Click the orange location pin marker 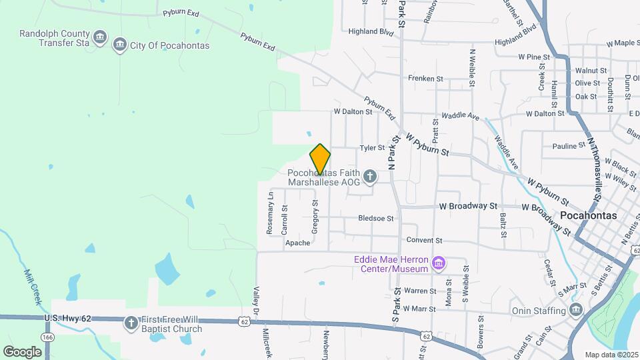(x=320, y=159)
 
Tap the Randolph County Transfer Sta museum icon (x=100, y=36)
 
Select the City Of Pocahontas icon (x=120, y=45)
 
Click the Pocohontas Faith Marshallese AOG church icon (x=370, y=177)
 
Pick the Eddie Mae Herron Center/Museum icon (x=438, y=264)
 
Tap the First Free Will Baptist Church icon (x=131, y=324)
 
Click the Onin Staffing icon (x=576, y=310)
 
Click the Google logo (x=22, y=351)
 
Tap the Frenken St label (x=425, y=79)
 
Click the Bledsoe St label (x=376, y=218)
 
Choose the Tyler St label (x=373, y=148)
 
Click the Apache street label (x=298, y=243)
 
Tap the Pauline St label (x=569, y=146)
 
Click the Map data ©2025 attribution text (x=611, y=355)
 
